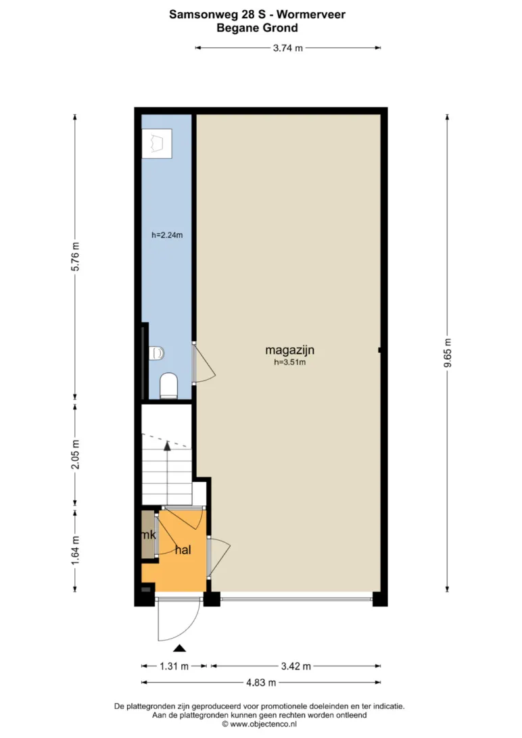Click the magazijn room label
289,350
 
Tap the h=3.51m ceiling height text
290,362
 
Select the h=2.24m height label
167,235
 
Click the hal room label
183,549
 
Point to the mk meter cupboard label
149,535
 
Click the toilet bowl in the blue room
168,386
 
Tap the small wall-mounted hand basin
157,353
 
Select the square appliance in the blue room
158,143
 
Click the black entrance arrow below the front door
179,648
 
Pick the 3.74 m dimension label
288,47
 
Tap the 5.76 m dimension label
75,257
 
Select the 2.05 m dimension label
75,454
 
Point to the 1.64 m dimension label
75,551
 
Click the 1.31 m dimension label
174,666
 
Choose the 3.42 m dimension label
296,666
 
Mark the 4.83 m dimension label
261,683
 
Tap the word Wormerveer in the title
310,15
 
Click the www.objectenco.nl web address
263,724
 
